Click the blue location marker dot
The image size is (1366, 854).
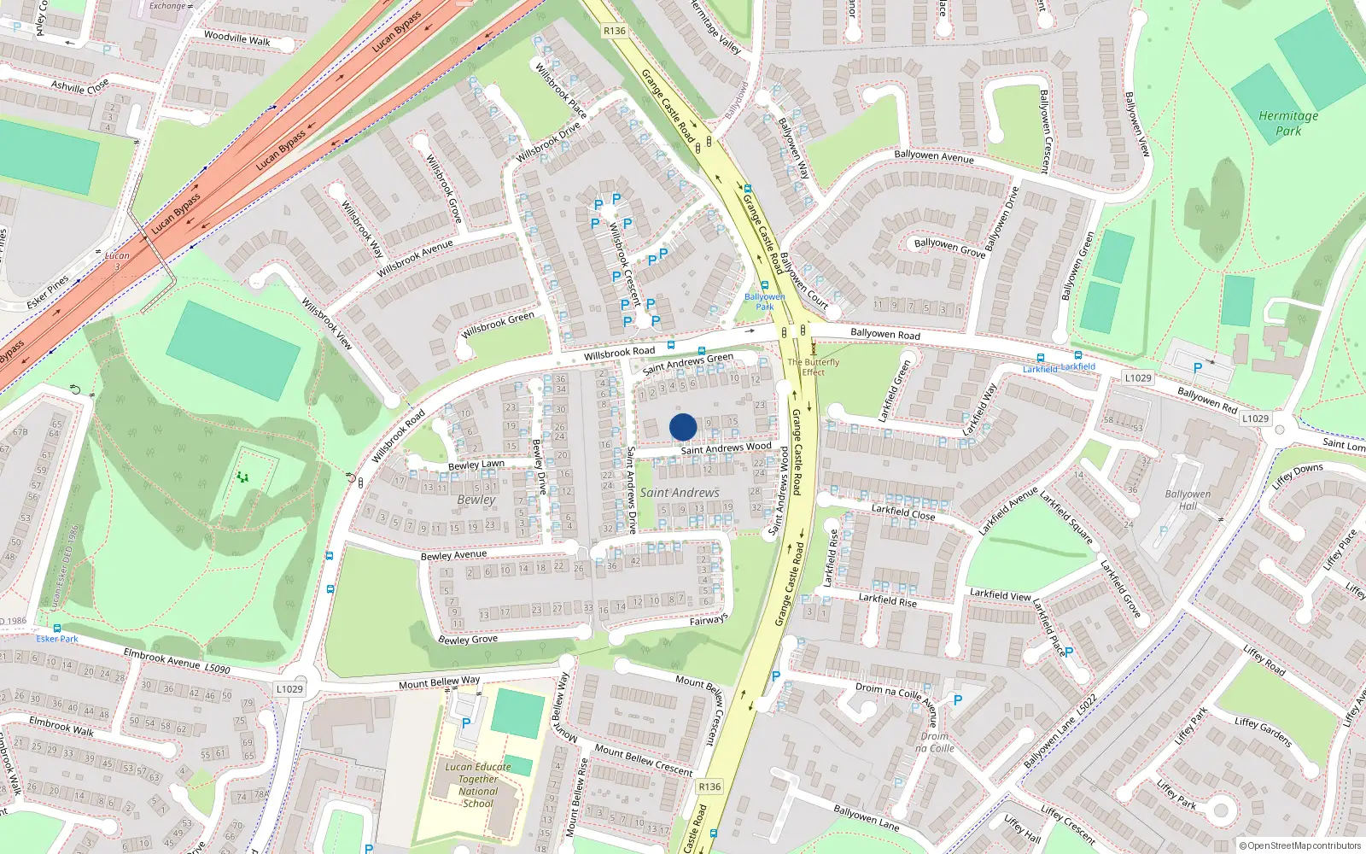pyautogui.click(x=683, y=427)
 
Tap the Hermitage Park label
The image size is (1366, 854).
pyautogui.click(x=1288, y=123)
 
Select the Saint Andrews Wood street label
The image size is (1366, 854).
pyautogui.click(x=726, y=448)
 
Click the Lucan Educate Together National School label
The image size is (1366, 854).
pyautogui.click(x=478, y=785)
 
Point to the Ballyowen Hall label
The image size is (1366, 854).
pyautogui.click(x=1188, y=500)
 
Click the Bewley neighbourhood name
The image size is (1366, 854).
pyautogui.click(x=476, y=500)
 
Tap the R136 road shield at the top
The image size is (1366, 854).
pyautogui.click(x=614, y=31)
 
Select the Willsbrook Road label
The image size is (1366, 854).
pyautogui.click(x=619, y=352)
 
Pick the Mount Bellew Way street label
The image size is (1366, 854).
pyautogui.click(x=439, y=682)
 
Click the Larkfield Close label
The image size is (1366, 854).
pyautogui.click(x=903, y=512)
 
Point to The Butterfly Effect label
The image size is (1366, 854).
pyautogui.click(x=813, y=366)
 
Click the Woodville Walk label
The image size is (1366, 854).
pyautogui.click(x=236, y=38)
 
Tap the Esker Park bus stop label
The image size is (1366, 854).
pyautogui.click(x=57, y=639)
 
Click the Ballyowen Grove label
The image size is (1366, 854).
pyautogui.click(x=949, y=248)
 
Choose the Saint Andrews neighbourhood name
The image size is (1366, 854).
pyautogui.click(x=680, y=493)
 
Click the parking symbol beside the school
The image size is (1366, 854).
pyautogui.click(x=466, y=723)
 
